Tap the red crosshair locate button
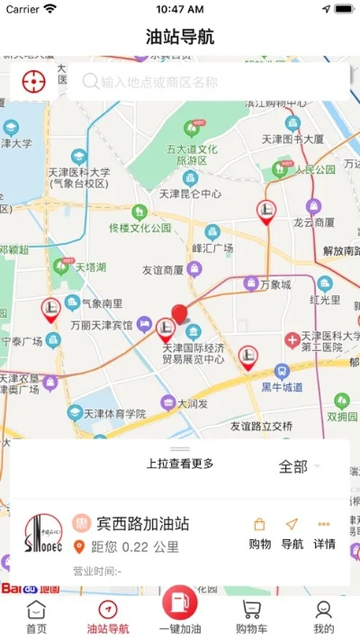(x=33, y=81)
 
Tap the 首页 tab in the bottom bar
(x=36, y=617)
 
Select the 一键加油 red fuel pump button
(x=179, y=607)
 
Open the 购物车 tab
(x=251, y=617)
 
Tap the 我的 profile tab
(x=324, y=617)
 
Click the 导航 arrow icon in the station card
(x=292, y=533)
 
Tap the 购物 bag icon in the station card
(x=259, y=533)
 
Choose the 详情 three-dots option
(x=324, y=533)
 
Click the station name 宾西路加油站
(x=142, y=523)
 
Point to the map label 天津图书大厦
(x=292, y=139)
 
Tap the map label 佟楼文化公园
(x=139, y=228)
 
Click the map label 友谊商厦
(x=163, y=269)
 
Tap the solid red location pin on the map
(x=180, y=313)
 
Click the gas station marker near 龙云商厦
(x=266, y=211)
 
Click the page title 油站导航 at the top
(x=180, y=37)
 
